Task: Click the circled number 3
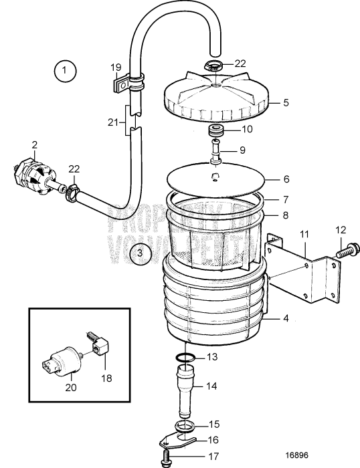pos(139,253)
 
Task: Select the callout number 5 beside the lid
pos(286,103)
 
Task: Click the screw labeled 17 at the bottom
pos(163,458)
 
